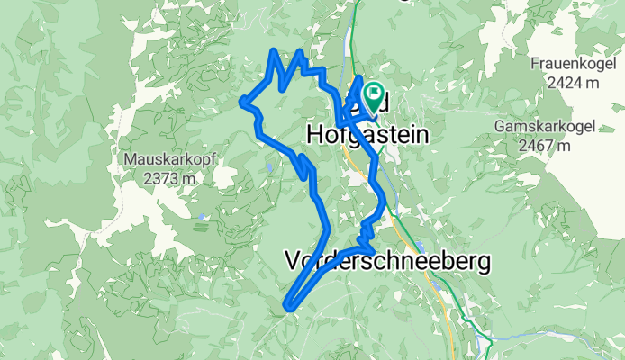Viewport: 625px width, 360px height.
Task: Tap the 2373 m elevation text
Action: click(x=169, y=177)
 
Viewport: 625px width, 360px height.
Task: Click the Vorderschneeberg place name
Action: click(x=388, y=262)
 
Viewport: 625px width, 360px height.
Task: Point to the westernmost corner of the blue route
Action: click(x=241, y=103)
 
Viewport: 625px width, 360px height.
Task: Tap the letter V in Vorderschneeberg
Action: click(x=292, y=262)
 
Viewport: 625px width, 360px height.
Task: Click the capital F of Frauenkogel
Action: click(x=535, y=65)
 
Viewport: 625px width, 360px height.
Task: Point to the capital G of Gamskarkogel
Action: click(x=500, y=128)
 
